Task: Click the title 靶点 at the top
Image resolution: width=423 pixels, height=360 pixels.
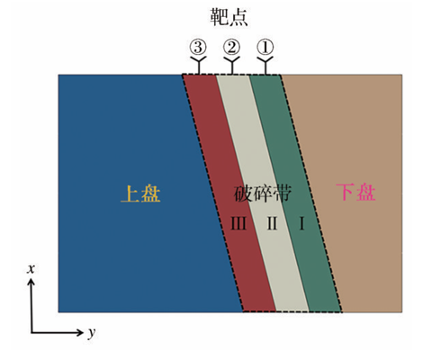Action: [x=229, y=17]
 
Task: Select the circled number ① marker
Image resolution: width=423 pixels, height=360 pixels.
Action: [x=265, y=47]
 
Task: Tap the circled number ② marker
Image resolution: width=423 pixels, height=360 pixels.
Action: [x=231, y=47]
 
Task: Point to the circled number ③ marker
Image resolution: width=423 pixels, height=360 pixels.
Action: [x=198, y=47]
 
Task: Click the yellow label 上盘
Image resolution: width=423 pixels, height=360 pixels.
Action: [x=140, y=193]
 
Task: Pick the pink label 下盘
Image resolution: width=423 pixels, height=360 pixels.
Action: [x=355, y=192]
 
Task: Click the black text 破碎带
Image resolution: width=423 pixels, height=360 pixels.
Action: [x=263, y=193]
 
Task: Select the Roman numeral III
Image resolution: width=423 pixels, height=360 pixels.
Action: [x=238, y=223]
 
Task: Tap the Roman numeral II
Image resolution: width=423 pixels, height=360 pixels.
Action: [x=272, y=223]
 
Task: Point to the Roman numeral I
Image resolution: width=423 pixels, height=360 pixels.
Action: [x=302, y=223]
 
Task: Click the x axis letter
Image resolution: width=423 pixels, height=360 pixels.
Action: [x=31, y=269]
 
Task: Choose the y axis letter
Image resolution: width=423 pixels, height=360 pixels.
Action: [x=92, y=332]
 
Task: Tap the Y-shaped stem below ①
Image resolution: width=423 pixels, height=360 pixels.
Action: [x=265, y=65]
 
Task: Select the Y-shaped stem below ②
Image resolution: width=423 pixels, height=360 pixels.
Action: [x=232, y=65]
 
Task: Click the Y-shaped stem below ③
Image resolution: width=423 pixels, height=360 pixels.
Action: [x=198, y=65]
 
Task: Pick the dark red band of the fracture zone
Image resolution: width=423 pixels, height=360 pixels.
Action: [x=229, y=193]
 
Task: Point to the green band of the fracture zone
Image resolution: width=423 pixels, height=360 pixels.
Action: [x=295, y=193]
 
